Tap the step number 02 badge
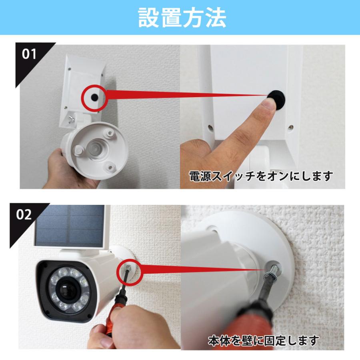tap(24, 214)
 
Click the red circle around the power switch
tap(93, 96)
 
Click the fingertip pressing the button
tap(268, 107)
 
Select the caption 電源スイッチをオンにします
tap(261, 176)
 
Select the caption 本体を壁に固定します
tap(263, 341)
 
